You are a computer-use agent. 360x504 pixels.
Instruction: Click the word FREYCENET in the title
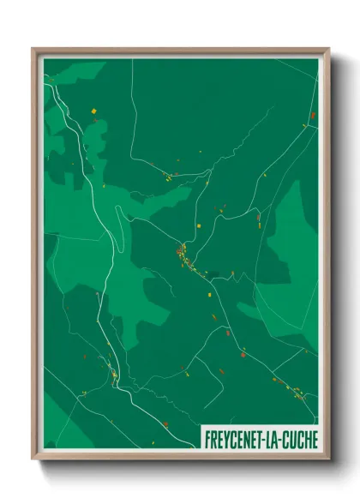pyautogui.click(x=235, y=437)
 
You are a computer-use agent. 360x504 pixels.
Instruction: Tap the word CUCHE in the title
pyautogui.click(x=298, y=437)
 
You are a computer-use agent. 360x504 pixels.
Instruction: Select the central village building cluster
pyautogui.click(x=183, y=255)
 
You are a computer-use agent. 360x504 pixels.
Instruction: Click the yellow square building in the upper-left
pyautogui.click(x=92, y=110)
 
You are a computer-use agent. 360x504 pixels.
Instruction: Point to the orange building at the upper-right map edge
pyautogui.click(x=312, y=115)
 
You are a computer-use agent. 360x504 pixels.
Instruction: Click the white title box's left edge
pyautogui.click(x=201, y=437)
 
